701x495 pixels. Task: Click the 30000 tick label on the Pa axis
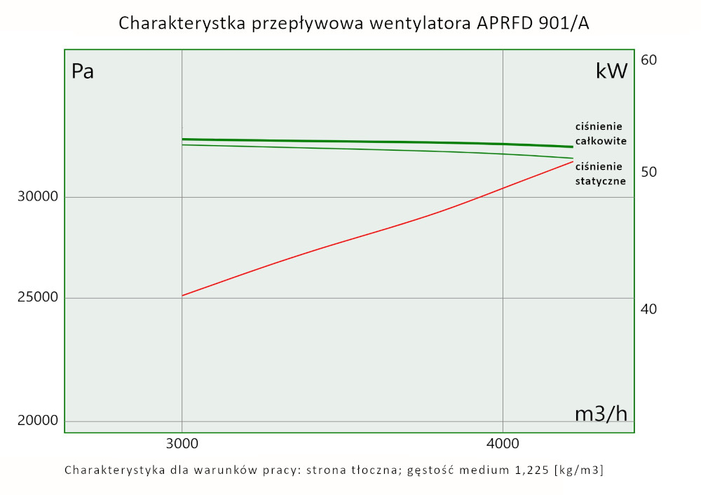click(36, 197)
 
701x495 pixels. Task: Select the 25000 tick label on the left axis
click(36, 298)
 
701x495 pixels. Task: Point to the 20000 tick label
click(36, 421)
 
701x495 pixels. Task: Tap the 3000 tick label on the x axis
click(182, 444)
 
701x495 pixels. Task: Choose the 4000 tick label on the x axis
click(503, 444)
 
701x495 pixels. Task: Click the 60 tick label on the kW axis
click(649, 60)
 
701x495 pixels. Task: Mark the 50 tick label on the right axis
click(649, 172)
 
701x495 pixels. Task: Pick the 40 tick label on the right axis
click(649, 308)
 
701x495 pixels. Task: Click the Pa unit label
click(83, 72)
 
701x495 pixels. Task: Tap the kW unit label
click(611, 71)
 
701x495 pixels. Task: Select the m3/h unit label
click(601, 414)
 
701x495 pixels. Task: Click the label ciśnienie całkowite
click(600, 134)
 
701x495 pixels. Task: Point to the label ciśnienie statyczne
click(600, 174)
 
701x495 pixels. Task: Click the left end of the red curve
click(182, 295)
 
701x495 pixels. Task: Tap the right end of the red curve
click(573, 161)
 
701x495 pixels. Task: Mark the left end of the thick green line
click(182, 139)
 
